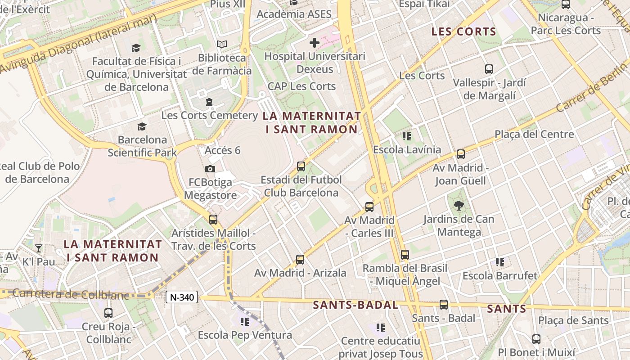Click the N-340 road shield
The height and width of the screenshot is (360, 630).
[x=182, y=297]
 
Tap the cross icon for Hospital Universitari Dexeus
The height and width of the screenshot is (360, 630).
[x=315, y=43]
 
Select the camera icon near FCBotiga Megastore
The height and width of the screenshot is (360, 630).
[x=210, y=169]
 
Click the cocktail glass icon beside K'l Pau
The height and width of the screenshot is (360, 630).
[x=39, y=248]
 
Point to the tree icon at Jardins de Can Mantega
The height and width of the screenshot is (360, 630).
[x=459, y=206]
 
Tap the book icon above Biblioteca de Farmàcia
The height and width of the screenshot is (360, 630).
[x=222, y=44]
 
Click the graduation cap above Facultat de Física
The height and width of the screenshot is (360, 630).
[x=136, y=48]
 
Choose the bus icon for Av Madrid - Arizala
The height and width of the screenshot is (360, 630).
[x=300, y=259]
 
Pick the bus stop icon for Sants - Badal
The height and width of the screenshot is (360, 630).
[x=444, y=305]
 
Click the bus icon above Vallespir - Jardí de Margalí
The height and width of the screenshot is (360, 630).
[x=489, y=69]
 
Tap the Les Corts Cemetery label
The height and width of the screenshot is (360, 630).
[x=210, y=115]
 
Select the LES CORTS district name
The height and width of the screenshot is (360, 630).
[x=463, y=32]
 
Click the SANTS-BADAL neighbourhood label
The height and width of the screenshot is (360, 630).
[x=355, y=305]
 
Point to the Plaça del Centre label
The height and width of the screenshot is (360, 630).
[x=534, y=134]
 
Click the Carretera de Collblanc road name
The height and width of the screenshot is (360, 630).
[x=71, y=295]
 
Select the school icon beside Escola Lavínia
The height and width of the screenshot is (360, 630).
[x=407, y=136]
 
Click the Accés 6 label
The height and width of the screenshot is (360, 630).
[x=222, y=150]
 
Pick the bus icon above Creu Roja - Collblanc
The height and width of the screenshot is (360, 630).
[x=108, y=313]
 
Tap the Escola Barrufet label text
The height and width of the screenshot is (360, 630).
[x=500, y=275]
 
